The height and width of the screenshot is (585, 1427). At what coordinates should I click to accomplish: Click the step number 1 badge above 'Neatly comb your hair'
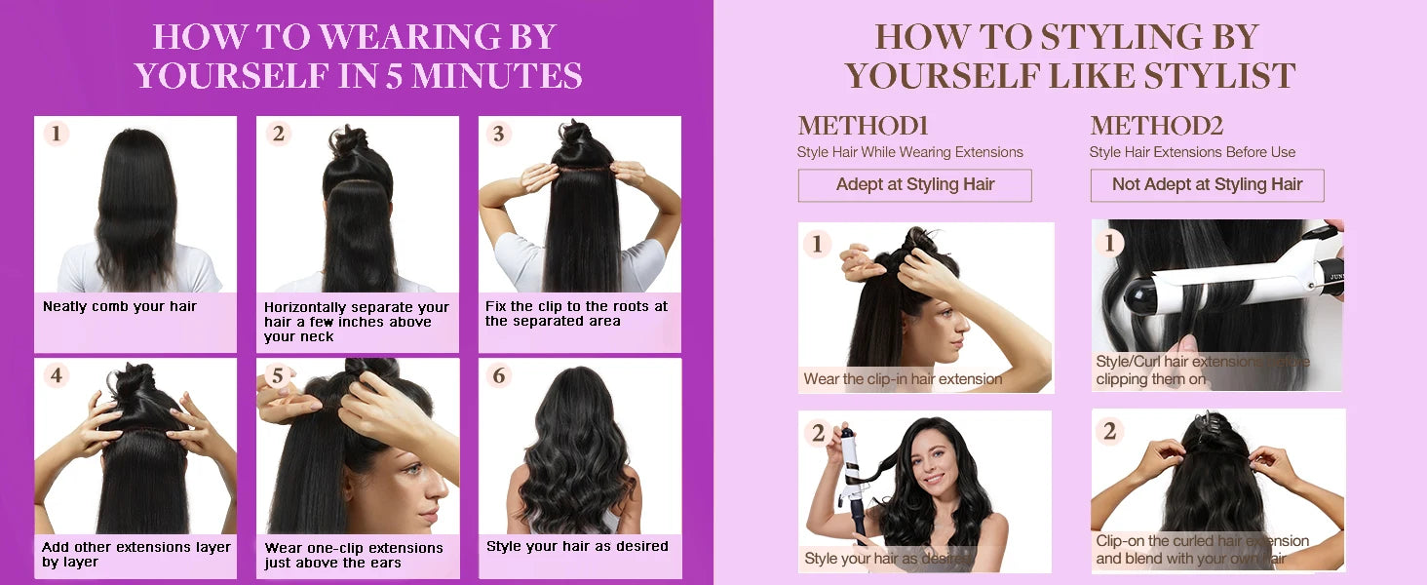(x=56, y=134)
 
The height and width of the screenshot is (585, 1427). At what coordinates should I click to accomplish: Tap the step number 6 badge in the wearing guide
(x=499, y=375)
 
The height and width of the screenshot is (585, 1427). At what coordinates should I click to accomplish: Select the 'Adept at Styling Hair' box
(x=914, y=185)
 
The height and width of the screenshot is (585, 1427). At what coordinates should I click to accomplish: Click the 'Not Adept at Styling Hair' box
(x=1207, y=185)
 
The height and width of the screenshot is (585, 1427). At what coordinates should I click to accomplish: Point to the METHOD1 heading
(x=863, y=126)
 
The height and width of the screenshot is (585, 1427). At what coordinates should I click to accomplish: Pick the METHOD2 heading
(x=1156, y=126)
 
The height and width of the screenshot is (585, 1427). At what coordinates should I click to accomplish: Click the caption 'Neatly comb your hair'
(x=120, y=306)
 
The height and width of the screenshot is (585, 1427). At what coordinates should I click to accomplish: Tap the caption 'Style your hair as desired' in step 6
(x=577, y=546)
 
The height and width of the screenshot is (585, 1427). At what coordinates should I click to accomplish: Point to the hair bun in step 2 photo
(x=349, y=141)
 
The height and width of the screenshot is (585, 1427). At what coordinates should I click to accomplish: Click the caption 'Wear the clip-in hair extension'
(x=903, y=379)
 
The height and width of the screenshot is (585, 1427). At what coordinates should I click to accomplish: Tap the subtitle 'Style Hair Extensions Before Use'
(x=1192, y=152)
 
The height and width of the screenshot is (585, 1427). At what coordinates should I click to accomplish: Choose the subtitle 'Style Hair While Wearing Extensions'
(x=909, y=152)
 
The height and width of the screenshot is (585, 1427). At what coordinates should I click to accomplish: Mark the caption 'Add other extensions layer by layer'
(x=135, y=554)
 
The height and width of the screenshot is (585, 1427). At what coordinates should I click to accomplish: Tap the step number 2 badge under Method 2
(x=1109, y=430)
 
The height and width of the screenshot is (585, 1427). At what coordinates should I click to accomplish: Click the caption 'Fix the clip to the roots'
(x=576, y=313)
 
